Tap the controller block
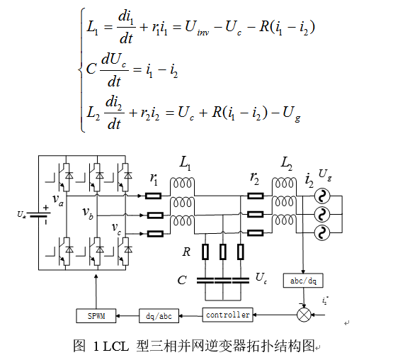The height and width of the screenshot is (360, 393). (x=227, y=314)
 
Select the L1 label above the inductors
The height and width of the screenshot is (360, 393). (x=185, y=165)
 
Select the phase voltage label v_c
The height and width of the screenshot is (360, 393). (x=116, y=227)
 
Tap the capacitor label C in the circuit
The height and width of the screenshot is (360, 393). (x=182, y=280)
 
